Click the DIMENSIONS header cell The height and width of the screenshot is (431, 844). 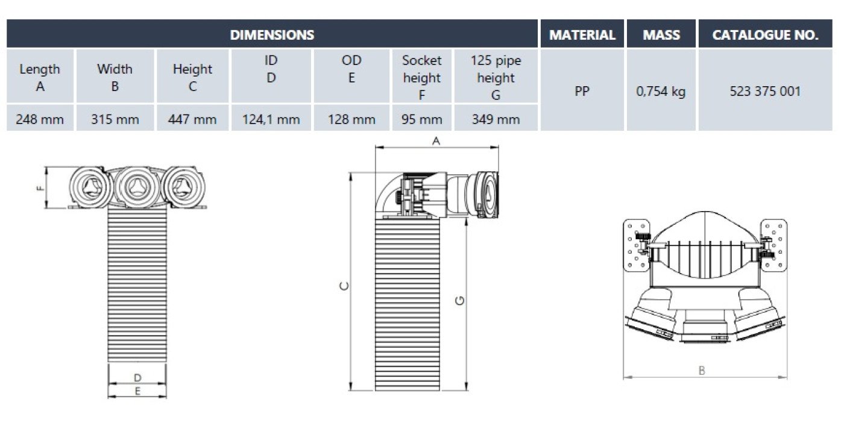272,35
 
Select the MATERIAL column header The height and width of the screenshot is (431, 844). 582,35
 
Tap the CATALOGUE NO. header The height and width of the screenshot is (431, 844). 765,35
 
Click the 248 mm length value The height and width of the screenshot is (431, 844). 40,119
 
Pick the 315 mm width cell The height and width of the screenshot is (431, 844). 115,119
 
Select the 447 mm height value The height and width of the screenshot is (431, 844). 192,119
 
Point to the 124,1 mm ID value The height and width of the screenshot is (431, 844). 271,119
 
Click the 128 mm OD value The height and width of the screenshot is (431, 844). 351,119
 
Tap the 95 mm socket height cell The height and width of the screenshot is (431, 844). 421,119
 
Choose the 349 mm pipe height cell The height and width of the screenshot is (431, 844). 496,119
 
